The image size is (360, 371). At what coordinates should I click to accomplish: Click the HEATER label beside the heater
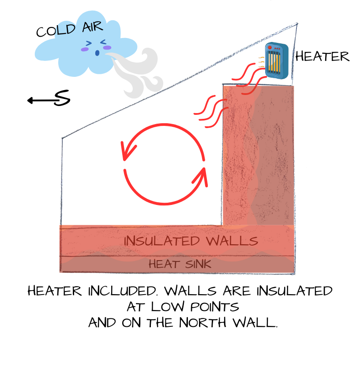pos(322,57)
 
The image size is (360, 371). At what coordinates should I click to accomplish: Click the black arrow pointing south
pos(42,101)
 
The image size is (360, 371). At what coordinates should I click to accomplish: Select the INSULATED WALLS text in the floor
pos(191,241)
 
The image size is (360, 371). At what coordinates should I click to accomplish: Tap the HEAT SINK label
pos(180,264)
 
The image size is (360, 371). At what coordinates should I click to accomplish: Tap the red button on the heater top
pos(270,48)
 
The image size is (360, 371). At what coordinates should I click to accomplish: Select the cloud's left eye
pos(89,43)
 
